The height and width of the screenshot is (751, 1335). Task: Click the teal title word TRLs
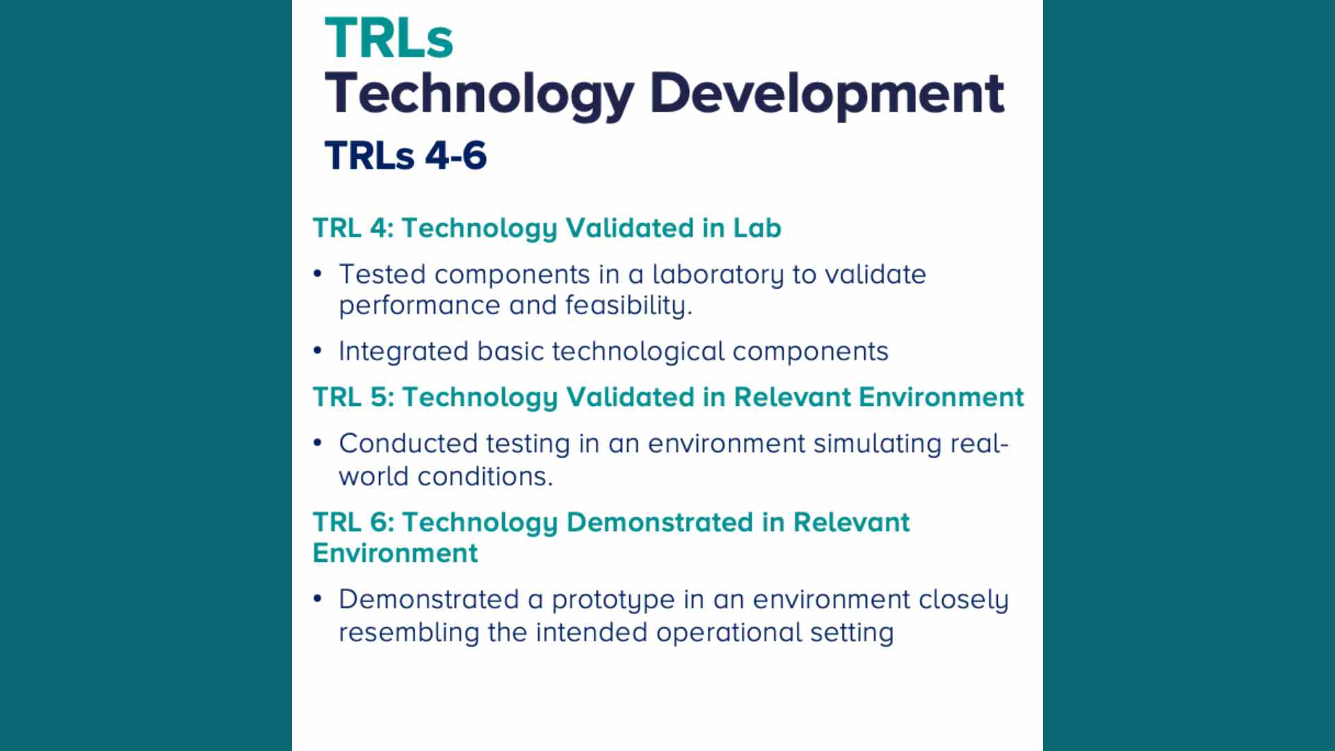389,38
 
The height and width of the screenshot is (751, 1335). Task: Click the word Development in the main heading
826,94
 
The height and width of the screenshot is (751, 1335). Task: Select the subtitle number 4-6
455,155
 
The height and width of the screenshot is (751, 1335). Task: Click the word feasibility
628,306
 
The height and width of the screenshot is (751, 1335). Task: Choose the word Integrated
403,352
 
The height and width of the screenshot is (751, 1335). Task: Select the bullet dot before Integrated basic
318,350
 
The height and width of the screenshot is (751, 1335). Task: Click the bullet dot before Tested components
318,273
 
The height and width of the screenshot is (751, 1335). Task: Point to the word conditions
485,476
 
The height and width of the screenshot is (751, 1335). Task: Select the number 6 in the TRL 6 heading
382,522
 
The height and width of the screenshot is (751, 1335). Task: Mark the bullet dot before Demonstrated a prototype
318,599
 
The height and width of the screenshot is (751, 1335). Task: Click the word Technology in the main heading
479,94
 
